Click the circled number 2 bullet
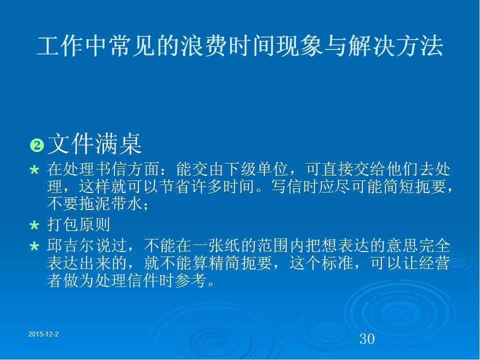click(x=37, y=145)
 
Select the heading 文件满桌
click(x=94, y=144)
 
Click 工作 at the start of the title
click(x=60, y=46)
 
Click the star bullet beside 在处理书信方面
click(x=34, y=170)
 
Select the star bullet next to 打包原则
click(x=34, y=225)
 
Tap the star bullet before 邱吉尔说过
click(x=34, y=246)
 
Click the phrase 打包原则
click(x=78, y=224)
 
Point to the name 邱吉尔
click(x=71, y=245)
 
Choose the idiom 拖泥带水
click(x=111, y=203)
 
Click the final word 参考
click(x=190, y=279)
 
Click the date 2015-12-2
click(x=43, y=334)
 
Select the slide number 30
click(x=366, y=339)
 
